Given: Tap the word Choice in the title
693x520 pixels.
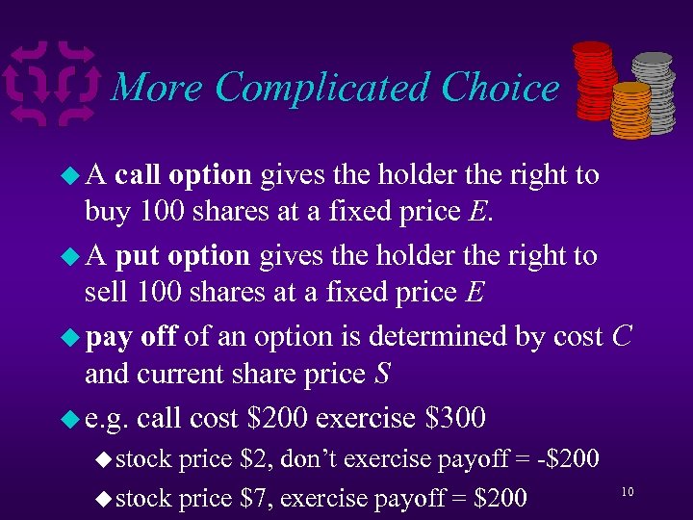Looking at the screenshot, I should click(x=500, y=88).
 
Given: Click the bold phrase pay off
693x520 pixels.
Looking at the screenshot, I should click(x=131, y=338).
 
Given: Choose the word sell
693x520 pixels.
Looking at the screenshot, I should click(x=108, y=291).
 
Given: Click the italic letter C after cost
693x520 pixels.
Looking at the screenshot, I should click(x=621, y=337).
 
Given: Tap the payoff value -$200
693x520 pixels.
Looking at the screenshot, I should click(x=568, y=460).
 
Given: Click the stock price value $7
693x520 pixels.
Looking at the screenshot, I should click(x=257, y=498).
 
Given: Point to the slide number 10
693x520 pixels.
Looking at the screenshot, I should click(x=627, y=492).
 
